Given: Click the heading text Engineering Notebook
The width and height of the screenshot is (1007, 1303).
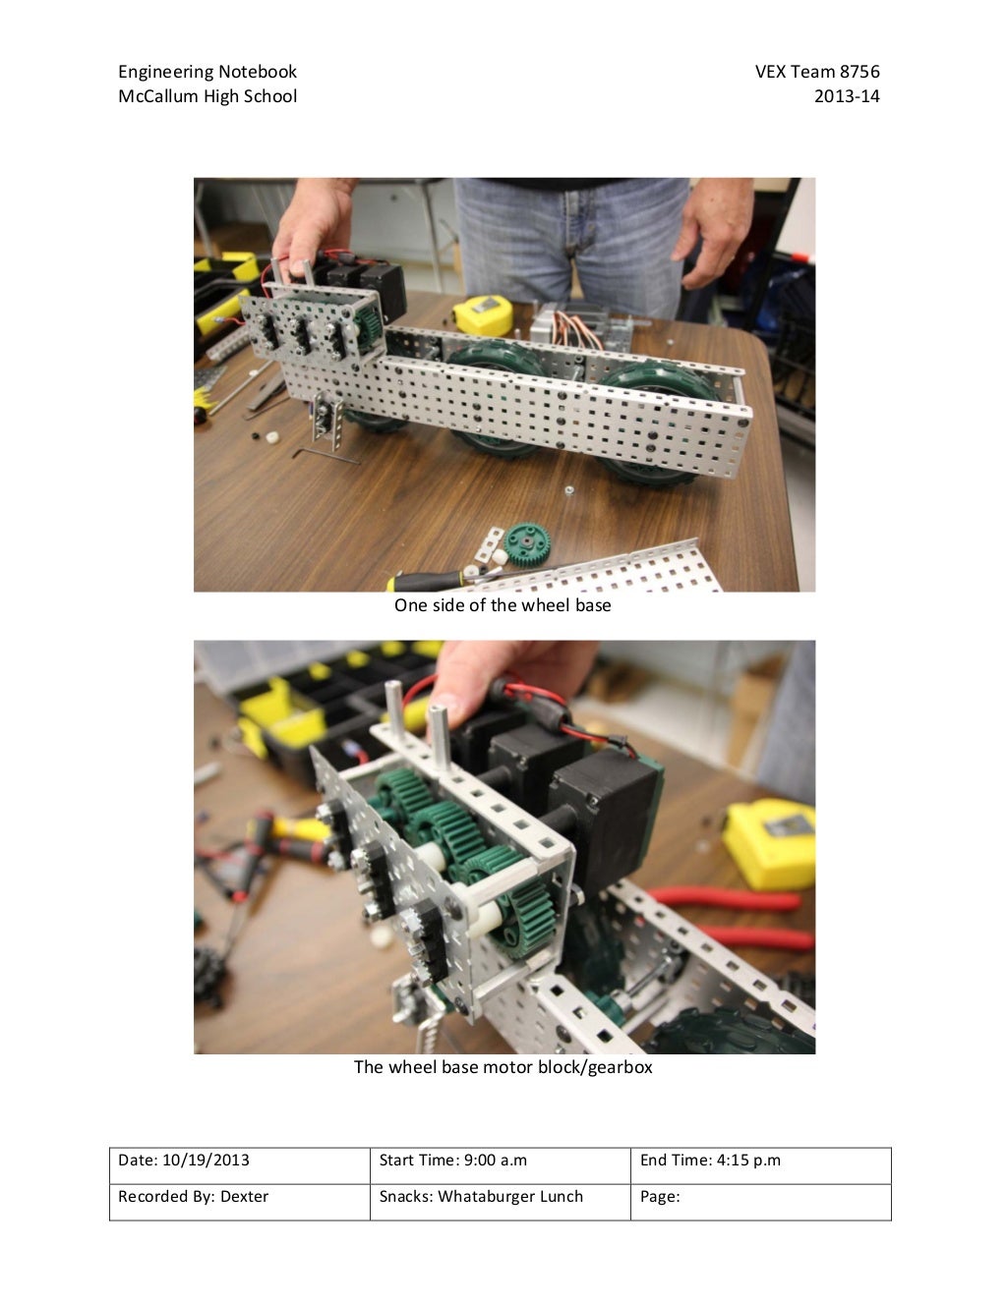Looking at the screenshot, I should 207,72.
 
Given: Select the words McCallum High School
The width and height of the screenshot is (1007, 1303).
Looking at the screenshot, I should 207,96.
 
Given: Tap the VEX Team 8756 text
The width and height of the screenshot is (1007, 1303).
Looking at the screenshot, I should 816,72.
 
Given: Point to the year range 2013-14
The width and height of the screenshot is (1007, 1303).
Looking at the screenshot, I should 847,96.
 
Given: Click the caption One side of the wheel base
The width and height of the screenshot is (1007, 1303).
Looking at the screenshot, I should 503,605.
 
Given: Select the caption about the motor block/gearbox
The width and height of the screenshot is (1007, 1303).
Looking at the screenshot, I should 503,1067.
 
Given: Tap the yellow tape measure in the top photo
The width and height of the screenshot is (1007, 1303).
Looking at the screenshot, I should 482,313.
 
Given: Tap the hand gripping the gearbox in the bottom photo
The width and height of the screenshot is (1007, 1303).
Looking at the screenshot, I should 492,678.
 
